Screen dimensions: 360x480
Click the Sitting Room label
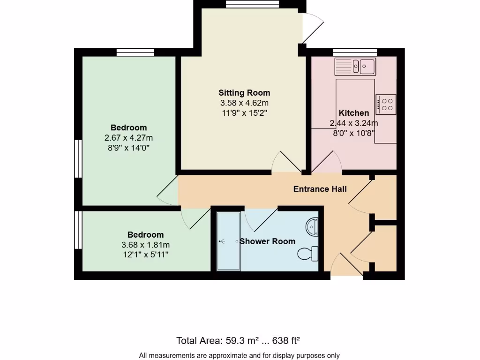click(x=244, y=93)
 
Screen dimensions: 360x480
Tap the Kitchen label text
click(x=354, y=113)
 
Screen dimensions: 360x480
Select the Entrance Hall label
click(x=320, y=189)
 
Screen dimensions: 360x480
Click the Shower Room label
click(x=267, y=241)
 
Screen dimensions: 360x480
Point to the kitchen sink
click(x=355, y=67)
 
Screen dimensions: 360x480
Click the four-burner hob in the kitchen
click(x=386, y=104)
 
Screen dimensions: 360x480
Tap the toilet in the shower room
click(x=308, y=254)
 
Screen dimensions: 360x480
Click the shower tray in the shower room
click(x=228, y=241)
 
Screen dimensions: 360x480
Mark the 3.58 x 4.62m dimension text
click(x=244, y=103)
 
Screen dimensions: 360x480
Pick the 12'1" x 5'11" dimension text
click(x=146, y=255)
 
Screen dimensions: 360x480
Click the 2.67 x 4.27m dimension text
click(x=129, y=138)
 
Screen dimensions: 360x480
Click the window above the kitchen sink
click(x=355, y=52)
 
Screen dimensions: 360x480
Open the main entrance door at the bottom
click(x=347, y=267)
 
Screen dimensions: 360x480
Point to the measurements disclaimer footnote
click(x=240, y=355)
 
